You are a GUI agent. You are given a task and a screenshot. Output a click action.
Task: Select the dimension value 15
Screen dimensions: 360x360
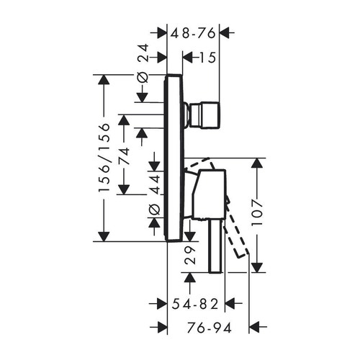click(207, 58)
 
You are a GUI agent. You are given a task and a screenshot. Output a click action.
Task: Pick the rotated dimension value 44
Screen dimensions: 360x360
click(153, 180)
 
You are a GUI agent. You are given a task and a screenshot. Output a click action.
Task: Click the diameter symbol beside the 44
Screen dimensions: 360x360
click(153, 210)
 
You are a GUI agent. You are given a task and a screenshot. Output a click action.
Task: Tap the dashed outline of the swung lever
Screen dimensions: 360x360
click(235, 238)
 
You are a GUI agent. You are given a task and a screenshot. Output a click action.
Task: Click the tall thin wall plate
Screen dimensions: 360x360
click(173, 158)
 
